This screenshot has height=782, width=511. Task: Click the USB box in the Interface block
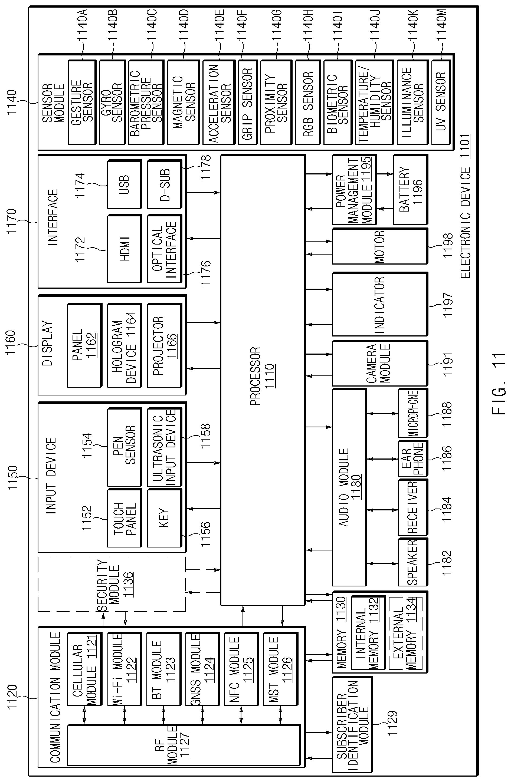click(125, 184)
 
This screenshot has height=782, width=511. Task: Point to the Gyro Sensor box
click(112, 102)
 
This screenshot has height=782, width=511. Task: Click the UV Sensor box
click(441, 102)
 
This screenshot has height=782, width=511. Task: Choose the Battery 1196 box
click(411, 190)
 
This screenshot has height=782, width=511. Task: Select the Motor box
click(380, 246)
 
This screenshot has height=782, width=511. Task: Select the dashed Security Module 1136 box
click(112, 584)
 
